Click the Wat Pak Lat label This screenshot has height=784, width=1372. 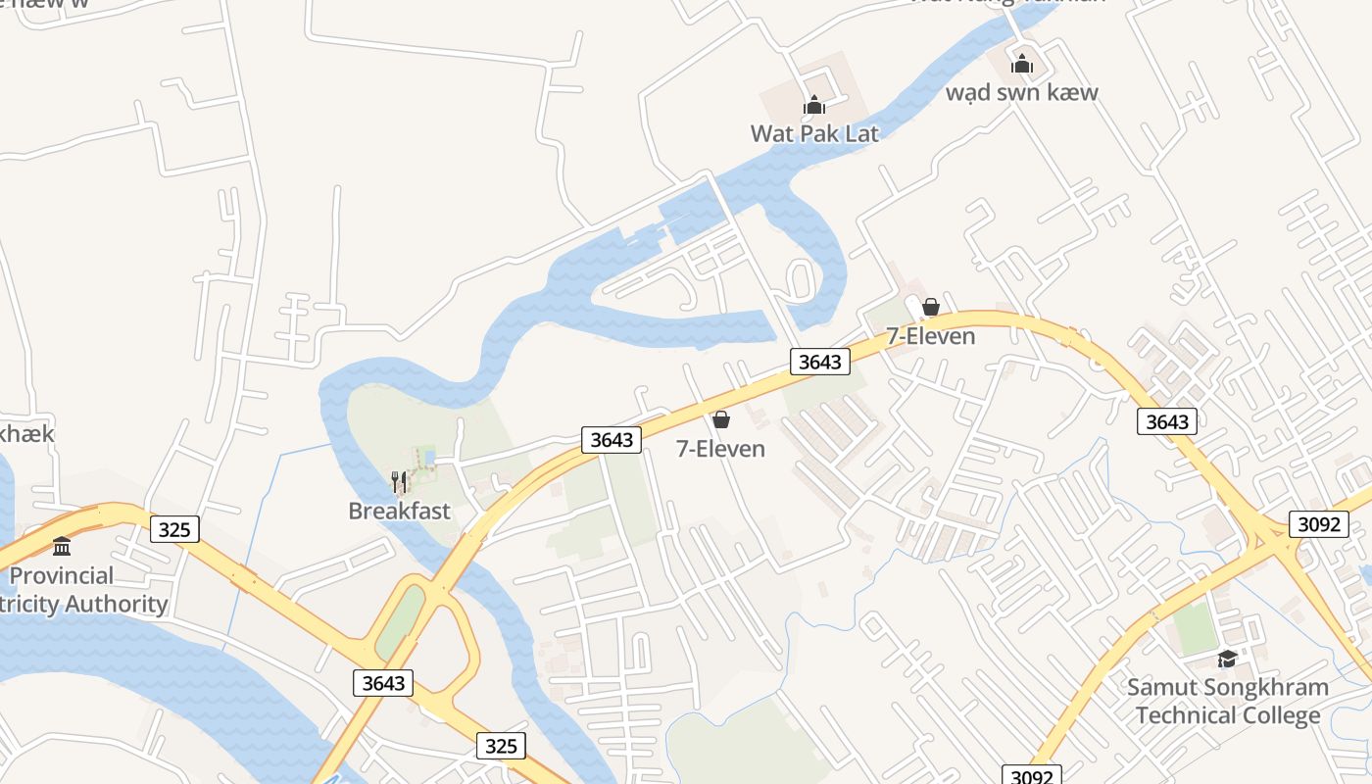(x=814, y=133)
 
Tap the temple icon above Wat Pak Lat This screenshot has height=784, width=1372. (x=814, y=105)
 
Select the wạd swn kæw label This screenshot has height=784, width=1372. (x=1021, y=93)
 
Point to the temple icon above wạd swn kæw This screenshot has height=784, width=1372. (x=1022, y=65)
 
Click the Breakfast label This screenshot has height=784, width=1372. (x=399, y=511)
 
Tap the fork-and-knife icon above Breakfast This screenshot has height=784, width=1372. (x=399, y=481)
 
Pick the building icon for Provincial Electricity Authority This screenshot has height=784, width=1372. (x=62, y=546)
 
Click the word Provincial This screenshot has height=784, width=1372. (x=61, y=576)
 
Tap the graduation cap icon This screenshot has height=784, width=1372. (x=1227, y=660)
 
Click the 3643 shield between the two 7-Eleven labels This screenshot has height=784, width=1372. (x=819, y=362)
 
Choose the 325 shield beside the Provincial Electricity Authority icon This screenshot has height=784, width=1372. (x=174, y=530)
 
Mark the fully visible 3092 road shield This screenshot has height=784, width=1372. (x=1318, y=524)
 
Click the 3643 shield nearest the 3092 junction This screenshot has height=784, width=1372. (x=1167, y=422)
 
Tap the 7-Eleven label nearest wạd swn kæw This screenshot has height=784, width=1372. (x=930, y=336)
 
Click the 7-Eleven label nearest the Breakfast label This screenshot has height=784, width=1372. (x=720, y=449)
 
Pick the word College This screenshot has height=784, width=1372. (x=1273, y=715)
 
